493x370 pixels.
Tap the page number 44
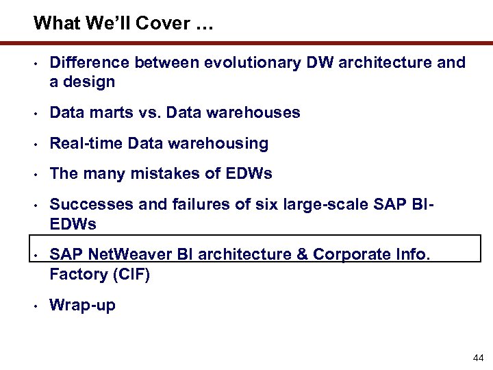[478, 358]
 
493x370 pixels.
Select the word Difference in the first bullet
[89, 63]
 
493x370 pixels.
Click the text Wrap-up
[82, 306]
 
